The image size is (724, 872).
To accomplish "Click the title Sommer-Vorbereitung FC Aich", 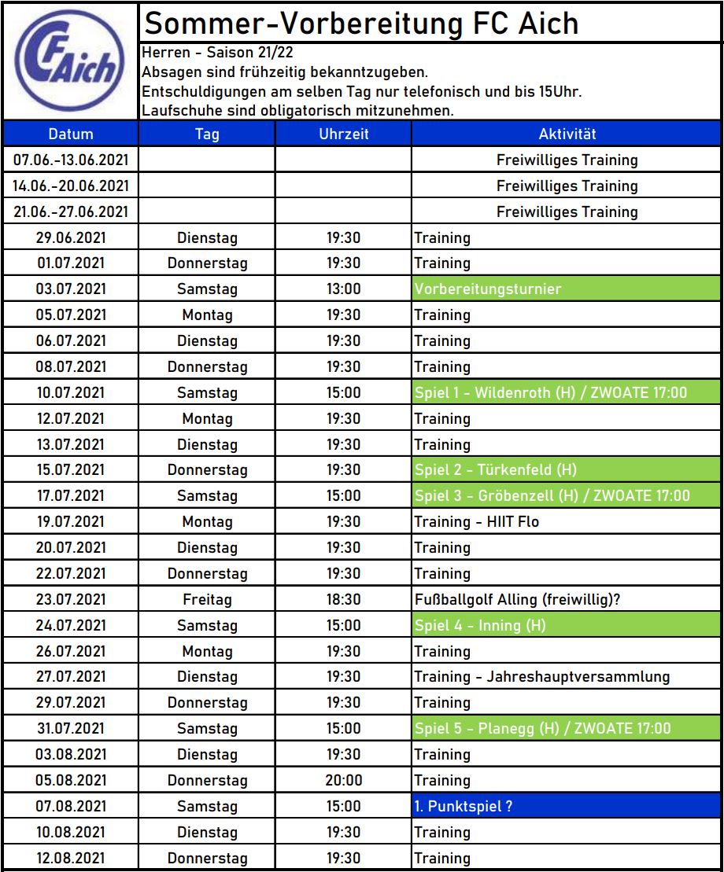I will point(362,24).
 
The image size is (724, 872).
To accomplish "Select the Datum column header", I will point(71,134).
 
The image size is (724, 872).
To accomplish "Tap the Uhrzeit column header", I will point(344,134).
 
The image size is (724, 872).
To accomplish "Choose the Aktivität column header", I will point(567,134).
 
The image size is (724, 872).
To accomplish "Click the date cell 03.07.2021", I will point(71,289).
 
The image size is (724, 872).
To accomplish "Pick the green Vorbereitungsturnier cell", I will point(567,289).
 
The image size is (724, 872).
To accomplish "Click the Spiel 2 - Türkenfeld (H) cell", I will point(567,470).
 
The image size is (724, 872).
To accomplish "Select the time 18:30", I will point(344,599).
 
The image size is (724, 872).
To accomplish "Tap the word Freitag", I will point(207,599).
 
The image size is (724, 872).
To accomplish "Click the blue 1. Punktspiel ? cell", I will point(567,806).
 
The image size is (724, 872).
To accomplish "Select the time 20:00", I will point(344,780).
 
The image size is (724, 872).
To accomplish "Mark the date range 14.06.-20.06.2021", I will point(71,186).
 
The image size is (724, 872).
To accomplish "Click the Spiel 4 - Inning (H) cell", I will point(567,625).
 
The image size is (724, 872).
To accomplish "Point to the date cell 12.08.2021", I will point(71,858).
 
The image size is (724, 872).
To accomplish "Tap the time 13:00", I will point(344,289).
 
